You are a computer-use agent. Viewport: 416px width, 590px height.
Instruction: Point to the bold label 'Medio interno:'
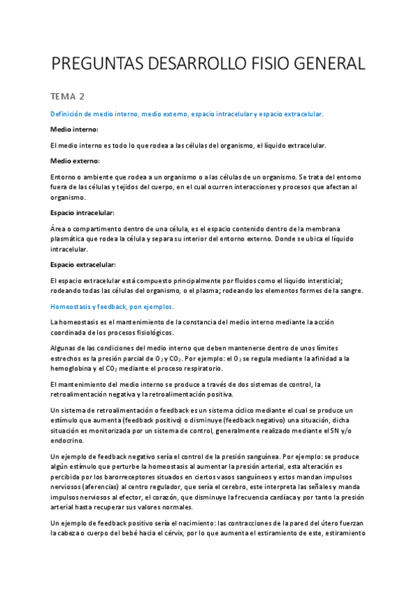tap(74, 129)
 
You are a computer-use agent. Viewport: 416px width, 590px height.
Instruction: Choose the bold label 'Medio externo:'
tap(75, 161)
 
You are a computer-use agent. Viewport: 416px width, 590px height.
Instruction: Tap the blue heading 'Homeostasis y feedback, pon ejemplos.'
tap(112, 306)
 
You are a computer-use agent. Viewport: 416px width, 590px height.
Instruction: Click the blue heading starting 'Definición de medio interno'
tap(188, 113)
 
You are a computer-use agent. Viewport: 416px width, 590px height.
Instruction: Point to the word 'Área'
tap(59, 228)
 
